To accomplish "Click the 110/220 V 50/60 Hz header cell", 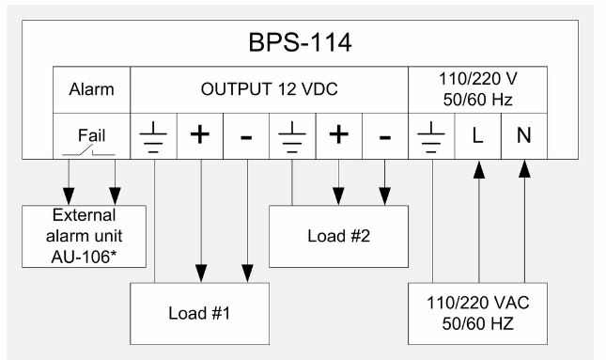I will pos(477,90).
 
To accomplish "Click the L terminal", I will pos(477,136).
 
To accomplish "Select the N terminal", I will pos(523,136).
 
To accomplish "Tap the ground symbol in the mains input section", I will pos(431,136).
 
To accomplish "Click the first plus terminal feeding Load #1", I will pos(199,136).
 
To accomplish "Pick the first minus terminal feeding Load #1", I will pos(246,136).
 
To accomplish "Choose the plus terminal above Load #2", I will pos(338,136).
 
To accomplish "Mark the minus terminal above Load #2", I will pos(384,136).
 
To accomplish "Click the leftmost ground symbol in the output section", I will pos(153,136).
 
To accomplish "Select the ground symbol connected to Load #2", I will pos(292,136).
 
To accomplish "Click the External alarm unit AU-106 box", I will pos(85,236).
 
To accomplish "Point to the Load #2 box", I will pos(337,236).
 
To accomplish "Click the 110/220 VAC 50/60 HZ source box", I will pos(477,315).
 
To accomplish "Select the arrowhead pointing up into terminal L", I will pos(477,168).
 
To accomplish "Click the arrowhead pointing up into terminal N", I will pos(523,168).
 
